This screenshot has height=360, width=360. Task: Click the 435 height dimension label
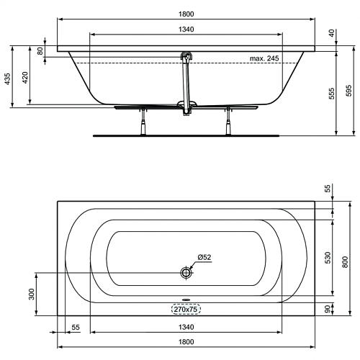tap(8, 78)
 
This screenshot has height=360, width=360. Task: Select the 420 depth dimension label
tap(25, 77)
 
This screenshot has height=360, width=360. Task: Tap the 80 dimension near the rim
tap(40, 51)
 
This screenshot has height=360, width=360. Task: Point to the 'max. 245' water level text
tap(264, 58)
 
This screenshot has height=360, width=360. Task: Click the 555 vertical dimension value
tap(331, 94)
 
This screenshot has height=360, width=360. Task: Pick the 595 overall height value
tap(349, 91)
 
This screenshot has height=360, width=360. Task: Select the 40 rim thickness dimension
tap(332, 33)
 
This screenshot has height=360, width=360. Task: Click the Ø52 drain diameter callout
tap(204, 257)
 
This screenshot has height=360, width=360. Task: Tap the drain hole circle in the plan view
tap(186, 273)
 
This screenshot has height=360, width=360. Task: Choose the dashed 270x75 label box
tap(186, 309)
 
